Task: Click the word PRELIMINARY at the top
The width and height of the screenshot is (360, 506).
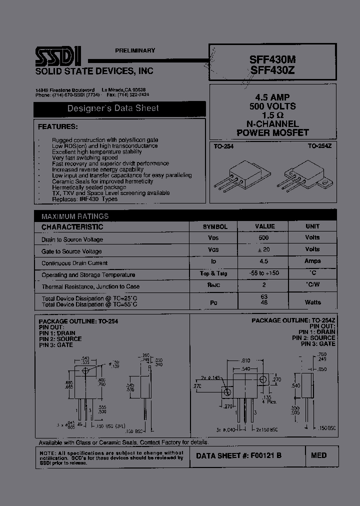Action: tap(135, 50)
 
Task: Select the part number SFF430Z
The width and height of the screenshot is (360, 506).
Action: tap(272, 70)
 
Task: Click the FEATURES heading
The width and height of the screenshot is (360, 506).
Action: tap(58, 126)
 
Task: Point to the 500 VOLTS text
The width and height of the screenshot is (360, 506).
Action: tap(272, 106)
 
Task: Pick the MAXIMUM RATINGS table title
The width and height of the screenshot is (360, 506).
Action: tap(75, 216)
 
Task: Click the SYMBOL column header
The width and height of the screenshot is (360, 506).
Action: tap(214, 226)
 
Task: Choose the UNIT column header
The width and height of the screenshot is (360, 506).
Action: tap(312, 226)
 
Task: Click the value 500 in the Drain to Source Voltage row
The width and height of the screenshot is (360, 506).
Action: tap(263, 238)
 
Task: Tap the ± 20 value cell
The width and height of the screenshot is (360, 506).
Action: tap(263, 249)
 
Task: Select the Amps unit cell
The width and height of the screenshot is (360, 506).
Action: tap(312, 261)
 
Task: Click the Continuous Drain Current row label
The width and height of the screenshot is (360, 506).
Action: tap(74, 263)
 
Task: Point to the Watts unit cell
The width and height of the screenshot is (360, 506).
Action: tap(312, 302)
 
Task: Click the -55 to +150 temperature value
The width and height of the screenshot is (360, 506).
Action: tap(264, 273)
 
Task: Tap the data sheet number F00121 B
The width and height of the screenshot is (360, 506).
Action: tap(238, 455)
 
